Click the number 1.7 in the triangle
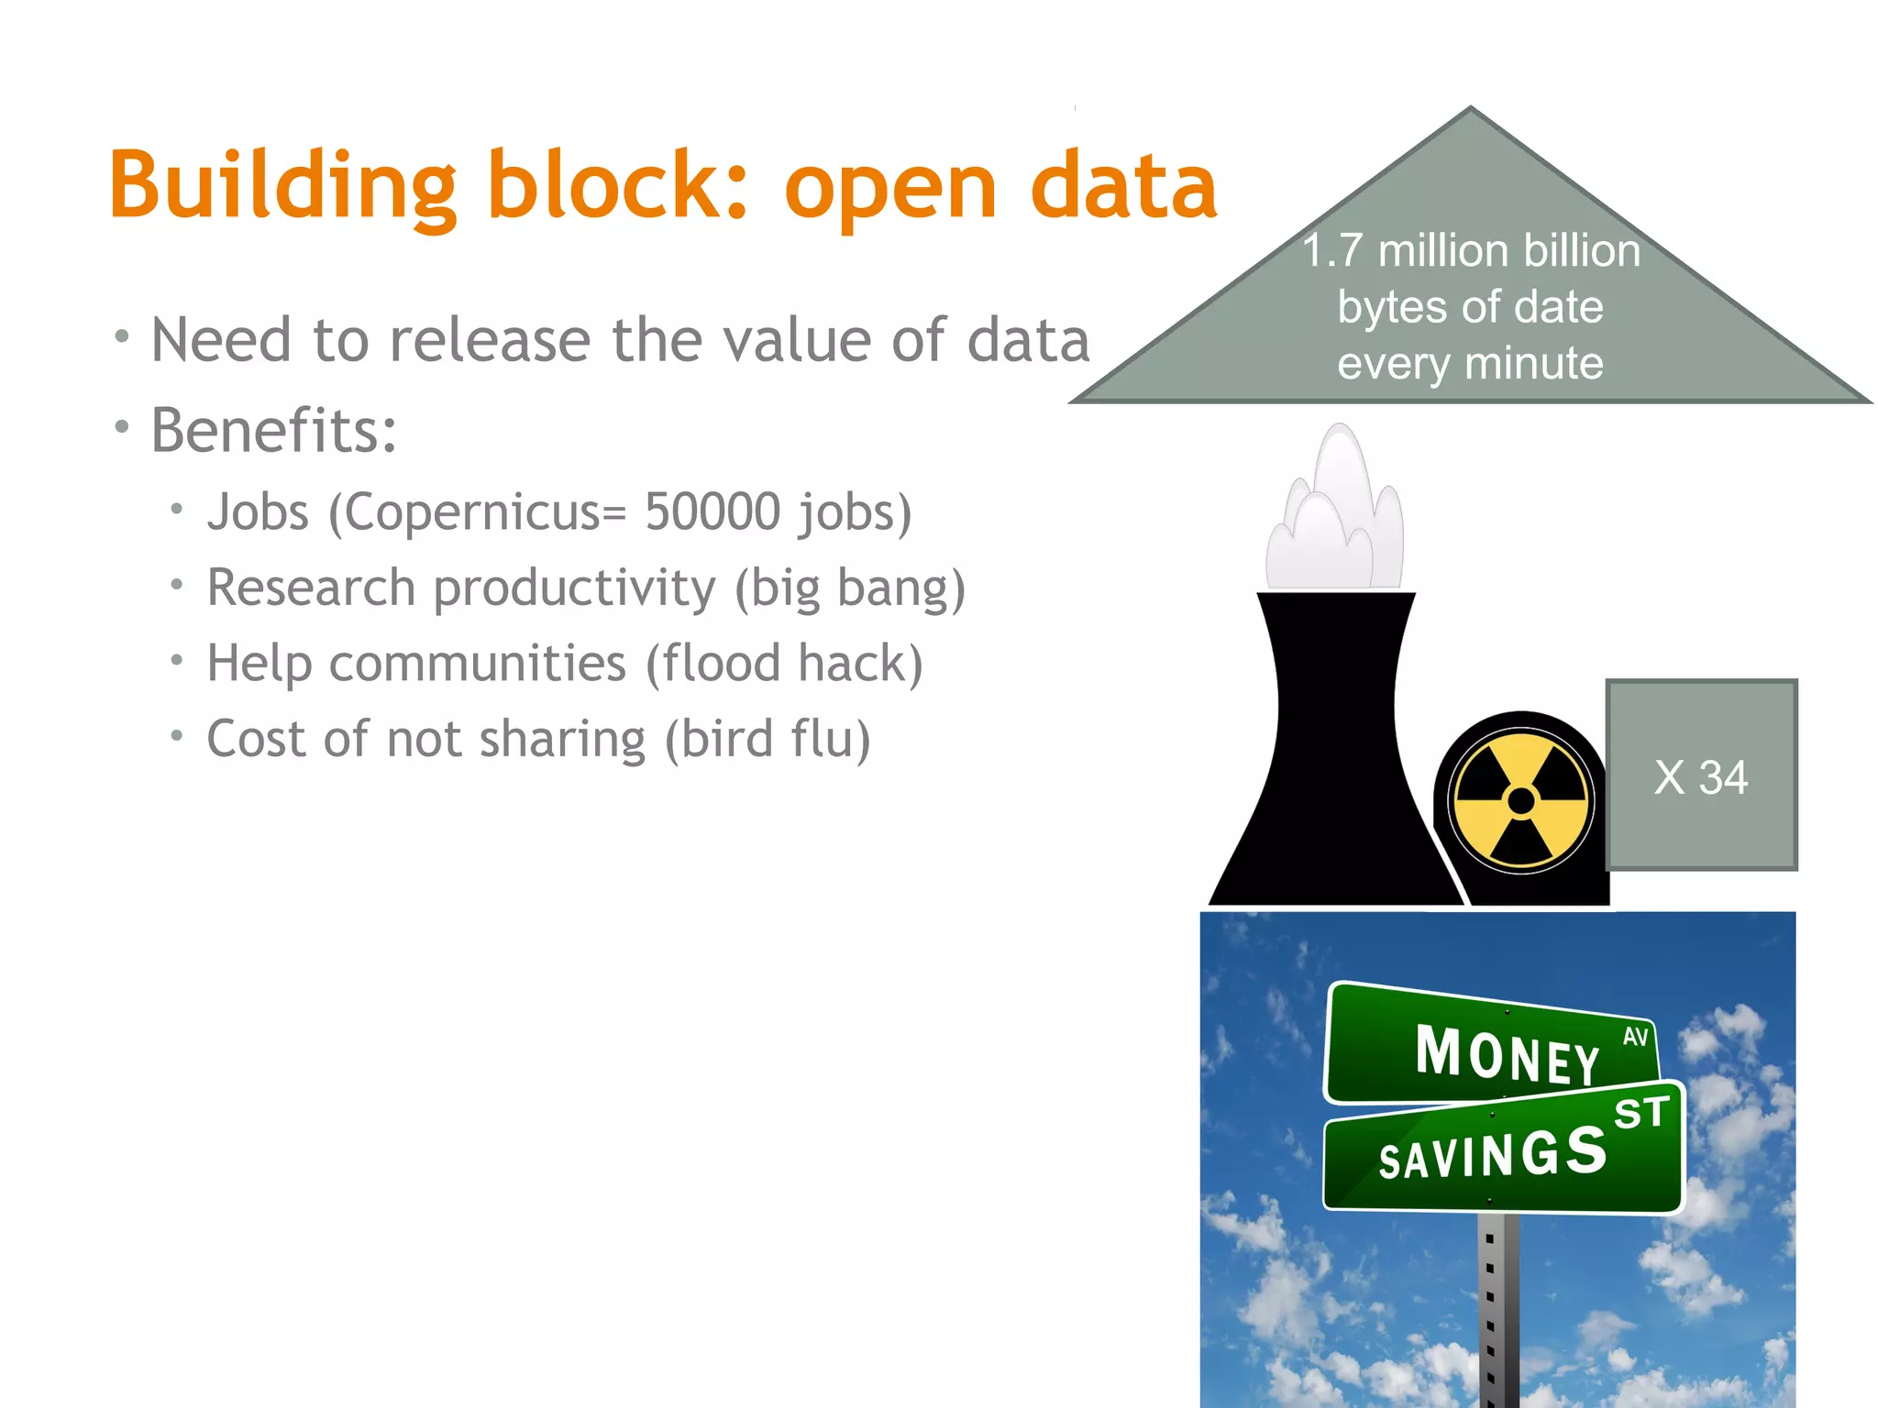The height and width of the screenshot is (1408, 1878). point(1332,250)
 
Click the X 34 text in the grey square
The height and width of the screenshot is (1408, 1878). point(1701,777)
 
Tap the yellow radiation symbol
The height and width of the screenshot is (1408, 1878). point(1521,800)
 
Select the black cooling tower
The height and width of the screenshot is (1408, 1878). point(1334,761)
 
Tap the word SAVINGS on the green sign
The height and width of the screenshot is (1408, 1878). point(1493,1153)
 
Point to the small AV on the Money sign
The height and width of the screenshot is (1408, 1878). point(1635,1037)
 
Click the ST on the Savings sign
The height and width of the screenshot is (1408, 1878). point(1641,1113)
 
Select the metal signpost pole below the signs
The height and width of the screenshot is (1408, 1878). point(1497,1311)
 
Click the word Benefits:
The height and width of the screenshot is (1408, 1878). point(274,430)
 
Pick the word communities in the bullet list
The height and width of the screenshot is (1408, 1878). point(478,663)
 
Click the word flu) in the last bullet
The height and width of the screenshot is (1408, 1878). point(830,739)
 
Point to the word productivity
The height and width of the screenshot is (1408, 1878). point(574,588)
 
